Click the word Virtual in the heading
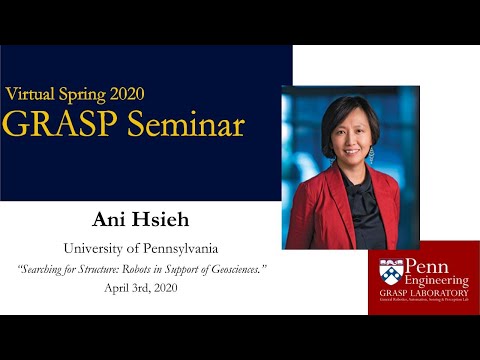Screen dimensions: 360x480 click(31, 94)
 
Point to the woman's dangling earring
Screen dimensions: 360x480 click(371, 155)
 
